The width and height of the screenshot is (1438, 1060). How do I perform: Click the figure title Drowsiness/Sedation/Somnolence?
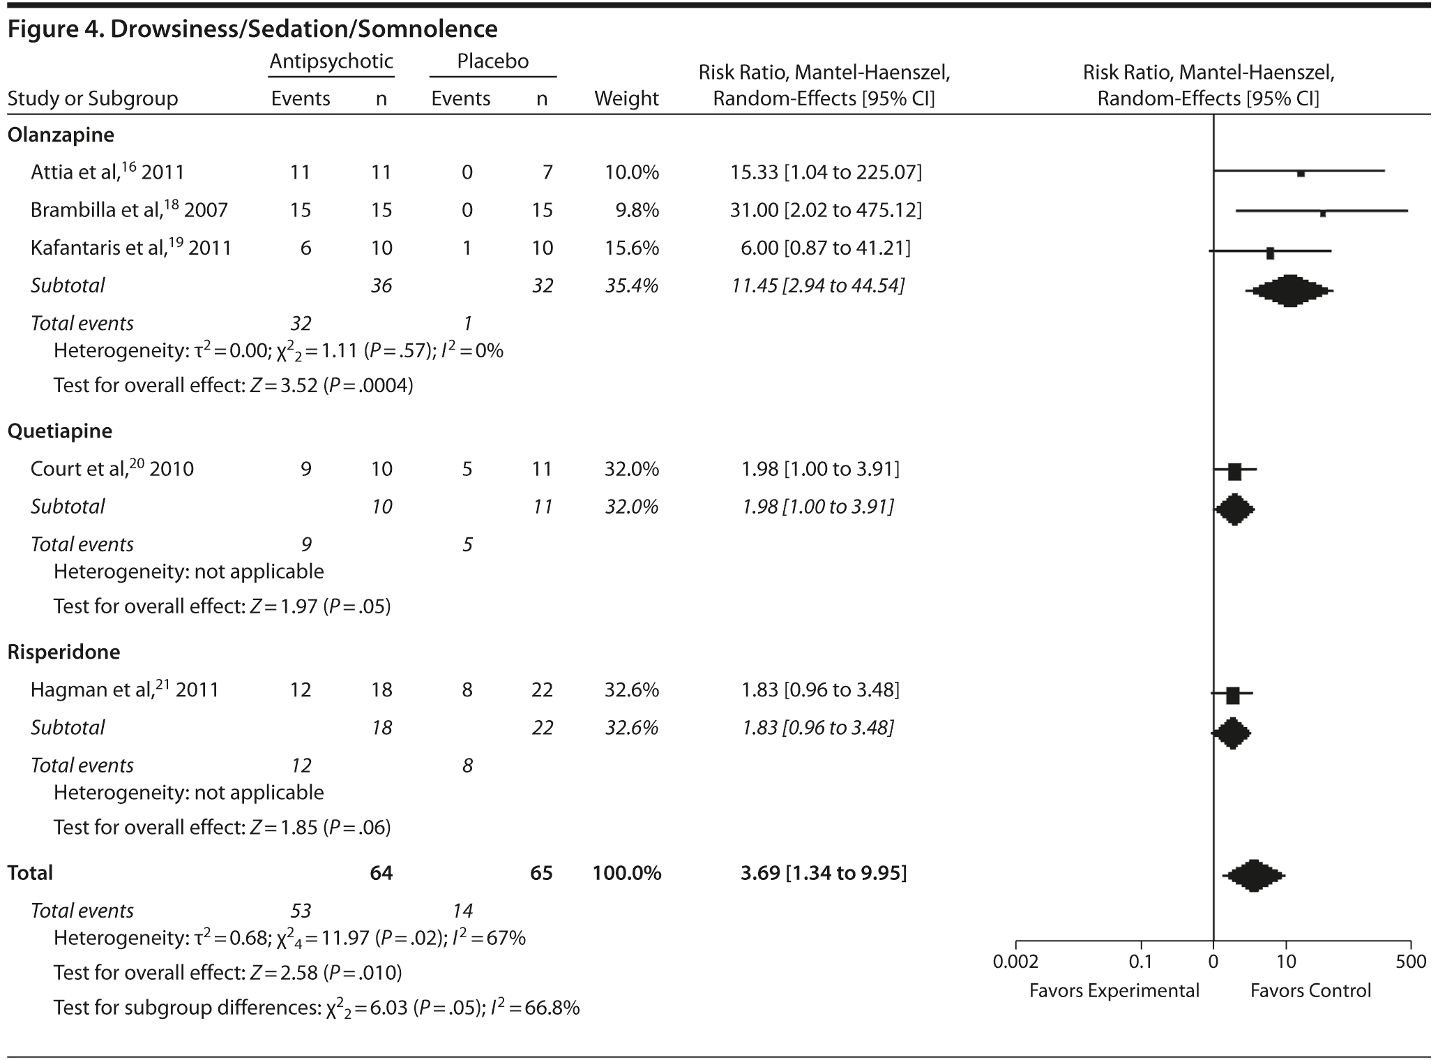pyautogui.click(x=252, y=29)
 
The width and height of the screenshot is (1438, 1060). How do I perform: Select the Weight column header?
pyautogui.click(x=626, y=98)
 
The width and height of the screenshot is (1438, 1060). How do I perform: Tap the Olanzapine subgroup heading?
pyautogui.click(x=61, y=135)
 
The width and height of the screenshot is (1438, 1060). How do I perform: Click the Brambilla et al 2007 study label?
pyautogui.click(x=129, y=210)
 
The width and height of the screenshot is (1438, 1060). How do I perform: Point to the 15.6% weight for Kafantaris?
pyautogui.click(x=632, y=248)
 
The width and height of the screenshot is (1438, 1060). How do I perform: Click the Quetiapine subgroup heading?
pyautogui.click(x=60, y=431)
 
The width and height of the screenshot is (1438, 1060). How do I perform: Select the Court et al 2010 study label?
pyautogui.click(x=112, y=469)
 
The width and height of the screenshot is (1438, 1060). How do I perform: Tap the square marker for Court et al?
pyautogui.click(x=1234, y=472)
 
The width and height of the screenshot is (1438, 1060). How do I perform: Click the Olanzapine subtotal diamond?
pyautogui.click(x=1289, y=290)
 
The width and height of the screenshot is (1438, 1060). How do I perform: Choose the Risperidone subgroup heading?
pyautogui.click(x=63, y=652)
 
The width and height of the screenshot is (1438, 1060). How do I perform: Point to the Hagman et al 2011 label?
pyautogui.click(x=124, y=690)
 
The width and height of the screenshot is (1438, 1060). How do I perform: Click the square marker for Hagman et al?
pyautogui.click(x=1232, y=696)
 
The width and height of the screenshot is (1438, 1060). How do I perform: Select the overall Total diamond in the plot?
pyautogui.click(x=1253, y=876)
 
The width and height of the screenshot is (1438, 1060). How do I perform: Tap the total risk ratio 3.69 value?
pyautogui.click(x=823, y=873)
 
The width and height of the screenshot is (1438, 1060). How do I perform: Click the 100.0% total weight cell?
pyautogui.click(x=627, y=873)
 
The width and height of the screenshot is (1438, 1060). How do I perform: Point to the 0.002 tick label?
pyautogui.click(x=1015, y=962)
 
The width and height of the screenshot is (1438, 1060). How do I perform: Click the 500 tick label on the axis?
pyautogui.click(x=1411, y=962)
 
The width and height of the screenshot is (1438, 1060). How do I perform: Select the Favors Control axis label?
pyautogui.click(x=1310, y=991)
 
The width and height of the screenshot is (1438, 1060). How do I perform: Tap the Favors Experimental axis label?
pyautogui.click(x=1114, y=991)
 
